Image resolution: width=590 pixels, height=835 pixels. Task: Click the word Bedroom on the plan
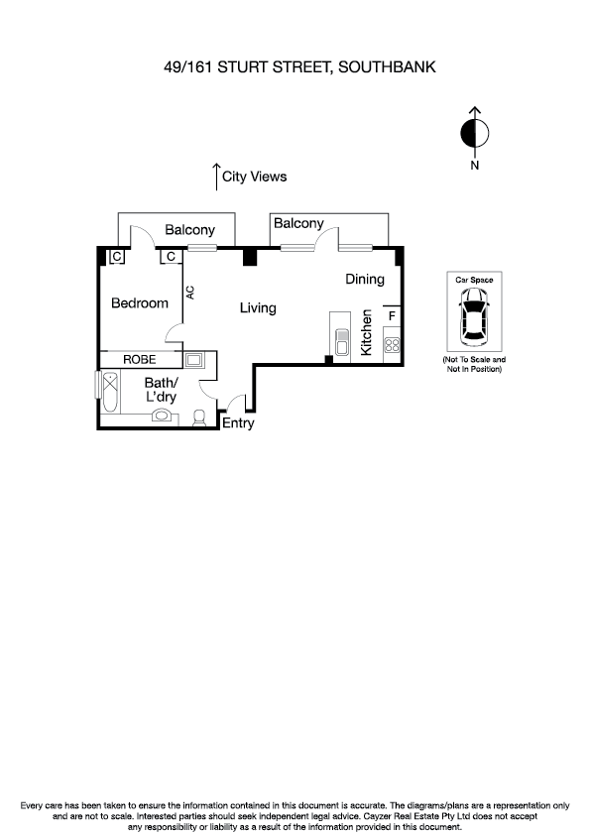pos(139,303)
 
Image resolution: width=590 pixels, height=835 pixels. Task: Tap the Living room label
pos(258,308)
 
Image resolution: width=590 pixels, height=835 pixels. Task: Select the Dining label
pos(364,280)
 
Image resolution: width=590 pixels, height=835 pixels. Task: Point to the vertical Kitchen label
pos(366,332)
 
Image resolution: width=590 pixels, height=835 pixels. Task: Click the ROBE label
pos(139,359)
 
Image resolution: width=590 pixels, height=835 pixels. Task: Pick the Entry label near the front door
pos(238,423)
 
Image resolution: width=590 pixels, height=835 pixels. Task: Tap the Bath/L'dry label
pos(161,390)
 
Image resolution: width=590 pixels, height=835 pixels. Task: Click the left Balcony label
pos(189,230)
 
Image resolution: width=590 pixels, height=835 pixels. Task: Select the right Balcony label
pos(298,224)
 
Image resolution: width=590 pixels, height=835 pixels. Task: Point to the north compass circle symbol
pos(475,132)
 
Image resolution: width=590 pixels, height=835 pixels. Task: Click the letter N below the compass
pos(475,166)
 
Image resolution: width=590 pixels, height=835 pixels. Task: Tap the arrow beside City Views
pos(215,177)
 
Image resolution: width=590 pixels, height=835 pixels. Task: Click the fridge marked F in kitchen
pos(392,316)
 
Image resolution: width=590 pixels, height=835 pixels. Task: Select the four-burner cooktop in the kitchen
pos(392,346)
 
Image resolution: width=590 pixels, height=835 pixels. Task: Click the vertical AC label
pos(189,294)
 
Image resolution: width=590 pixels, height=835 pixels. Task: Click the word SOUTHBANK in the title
pos(387,67)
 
